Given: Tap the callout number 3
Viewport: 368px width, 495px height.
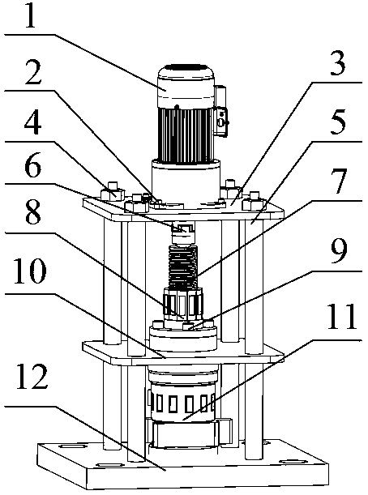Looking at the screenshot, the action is coord(338,63).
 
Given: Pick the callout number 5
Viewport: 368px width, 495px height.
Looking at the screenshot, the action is coord(338,122).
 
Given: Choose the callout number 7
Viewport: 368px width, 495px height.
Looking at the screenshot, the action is coord(339,181).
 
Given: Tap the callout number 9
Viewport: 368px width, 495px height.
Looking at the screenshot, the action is coord(339,252).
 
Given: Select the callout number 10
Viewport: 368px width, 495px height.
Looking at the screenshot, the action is coord(30,271).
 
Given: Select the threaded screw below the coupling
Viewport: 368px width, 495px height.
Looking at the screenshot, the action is coord(183,267).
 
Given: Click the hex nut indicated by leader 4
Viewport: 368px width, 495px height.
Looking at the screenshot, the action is coord(113,192).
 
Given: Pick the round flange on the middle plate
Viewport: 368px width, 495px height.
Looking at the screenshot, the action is coord(183,337).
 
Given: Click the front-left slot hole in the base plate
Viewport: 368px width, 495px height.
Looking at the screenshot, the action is coord(109,465).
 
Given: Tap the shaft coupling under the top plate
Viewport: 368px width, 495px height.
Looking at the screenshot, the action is coord(183,233).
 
